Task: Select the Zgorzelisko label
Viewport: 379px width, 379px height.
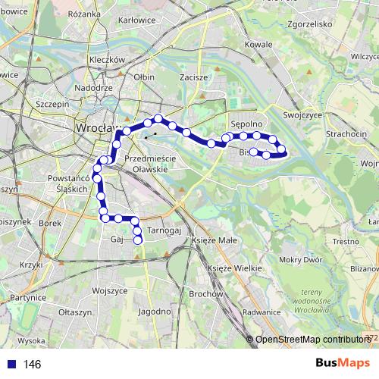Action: pyautogui.click(x=306, y=23)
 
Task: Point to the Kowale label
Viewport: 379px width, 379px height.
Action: pyautogui.click(x=258, y=45)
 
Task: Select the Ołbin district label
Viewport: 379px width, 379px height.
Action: pyautogui.click(x=143, y=77)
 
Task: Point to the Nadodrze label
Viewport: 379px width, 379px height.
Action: pyautogui.click(x=94, y=87)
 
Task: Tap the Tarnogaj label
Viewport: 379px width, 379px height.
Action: pyautogui.click(x=163, y=230)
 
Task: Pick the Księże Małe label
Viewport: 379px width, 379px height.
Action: pyautogui.click(x=215, y=240)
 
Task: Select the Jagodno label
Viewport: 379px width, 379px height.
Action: pyautogui.click(x=155, y=312)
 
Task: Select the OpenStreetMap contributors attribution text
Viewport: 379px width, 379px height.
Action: pyautogui.click(x=312, y=340)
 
